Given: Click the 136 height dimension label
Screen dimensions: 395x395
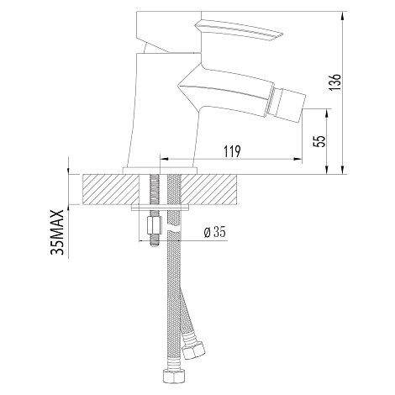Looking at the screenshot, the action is pos(334,82).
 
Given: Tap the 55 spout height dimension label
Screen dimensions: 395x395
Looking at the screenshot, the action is pos(319,141).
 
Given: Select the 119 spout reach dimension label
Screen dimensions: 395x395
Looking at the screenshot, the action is pos(232,152).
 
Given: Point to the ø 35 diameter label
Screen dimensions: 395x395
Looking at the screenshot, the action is pos(215,232).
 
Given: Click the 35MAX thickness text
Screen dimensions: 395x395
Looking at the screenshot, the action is pos(58,232).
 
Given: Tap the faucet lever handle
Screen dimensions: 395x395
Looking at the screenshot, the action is pos(240,30).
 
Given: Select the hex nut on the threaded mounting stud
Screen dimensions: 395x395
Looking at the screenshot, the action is pos(154,226).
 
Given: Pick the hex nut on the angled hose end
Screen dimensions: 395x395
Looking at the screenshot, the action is pos(194,350).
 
